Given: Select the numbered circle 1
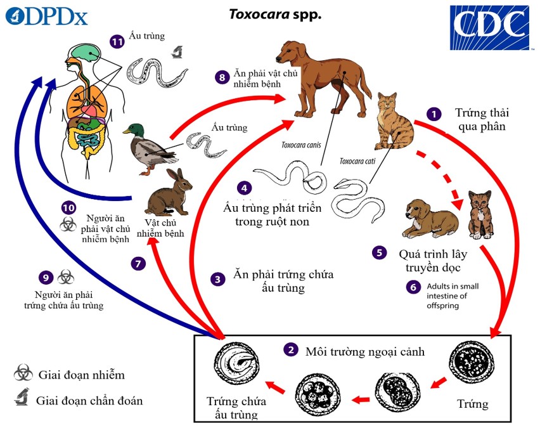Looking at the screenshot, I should pos(434,114).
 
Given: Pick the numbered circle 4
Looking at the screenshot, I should pos(243,188).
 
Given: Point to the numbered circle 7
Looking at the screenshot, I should pos(139,263).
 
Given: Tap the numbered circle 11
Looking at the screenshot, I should pos(116,42).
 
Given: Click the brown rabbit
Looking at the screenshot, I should pos(167,193).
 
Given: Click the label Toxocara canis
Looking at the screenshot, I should pos(301,145).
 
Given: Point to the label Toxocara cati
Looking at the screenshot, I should pos(357,161).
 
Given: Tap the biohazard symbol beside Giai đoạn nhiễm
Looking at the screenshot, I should pos(23,374).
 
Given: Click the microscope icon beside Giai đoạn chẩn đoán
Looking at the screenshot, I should pos(23,399).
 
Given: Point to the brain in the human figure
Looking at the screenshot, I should pos(82,51).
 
